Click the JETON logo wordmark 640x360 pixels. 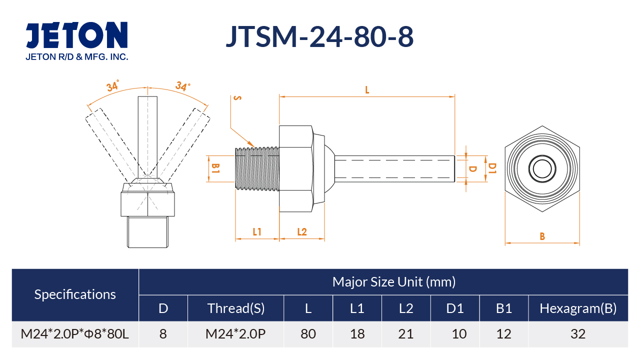[76, 35]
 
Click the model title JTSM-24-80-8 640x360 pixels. [319, 36]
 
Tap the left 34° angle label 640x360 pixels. [112, 85]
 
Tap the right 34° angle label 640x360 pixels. [182, 85]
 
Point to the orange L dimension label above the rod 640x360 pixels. [367, 90]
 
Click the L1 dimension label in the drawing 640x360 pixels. [257, 231]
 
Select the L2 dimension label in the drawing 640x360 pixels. [302, 231]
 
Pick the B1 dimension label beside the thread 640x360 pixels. [215, 168]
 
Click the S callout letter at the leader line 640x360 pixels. [237, 98]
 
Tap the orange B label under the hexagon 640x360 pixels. [542, 236]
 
